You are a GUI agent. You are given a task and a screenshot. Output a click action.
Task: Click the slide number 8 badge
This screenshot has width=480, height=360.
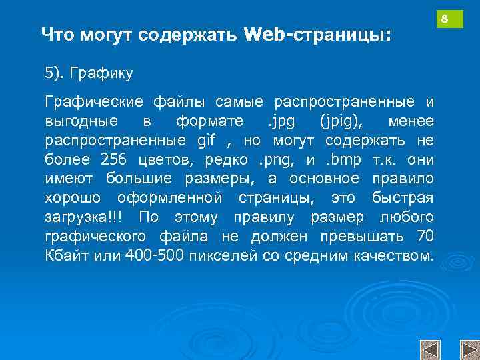click(449, 18)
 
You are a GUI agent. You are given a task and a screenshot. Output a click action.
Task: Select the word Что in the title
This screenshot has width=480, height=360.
click(59, 34)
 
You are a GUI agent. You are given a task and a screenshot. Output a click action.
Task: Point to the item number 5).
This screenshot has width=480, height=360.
click(57, 71)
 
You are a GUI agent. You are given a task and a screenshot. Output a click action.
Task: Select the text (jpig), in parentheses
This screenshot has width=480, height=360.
click(341, 121)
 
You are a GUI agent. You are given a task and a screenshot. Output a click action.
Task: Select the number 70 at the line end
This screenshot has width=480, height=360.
click(425, 237)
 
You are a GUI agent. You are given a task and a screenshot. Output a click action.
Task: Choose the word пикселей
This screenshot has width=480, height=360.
click(220, 256)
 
